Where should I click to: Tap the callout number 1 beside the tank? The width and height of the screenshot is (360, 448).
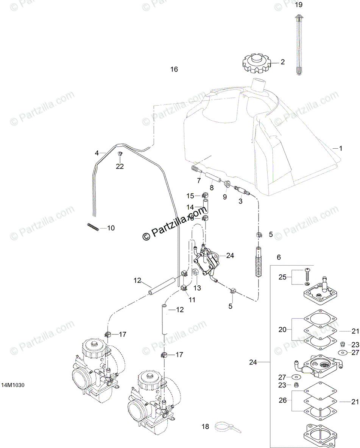340,149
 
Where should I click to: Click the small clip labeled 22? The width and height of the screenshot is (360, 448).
120,154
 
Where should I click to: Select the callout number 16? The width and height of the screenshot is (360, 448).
174,69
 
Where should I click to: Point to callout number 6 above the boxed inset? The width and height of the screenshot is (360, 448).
279,257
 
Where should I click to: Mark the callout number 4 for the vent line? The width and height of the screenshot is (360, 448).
97,153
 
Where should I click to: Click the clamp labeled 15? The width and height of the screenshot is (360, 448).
204,196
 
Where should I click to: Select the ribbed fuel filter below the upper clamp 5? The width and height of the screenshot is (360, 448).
258,261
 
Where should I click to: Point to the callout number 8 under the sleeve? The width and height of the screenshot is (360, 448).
212,187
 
